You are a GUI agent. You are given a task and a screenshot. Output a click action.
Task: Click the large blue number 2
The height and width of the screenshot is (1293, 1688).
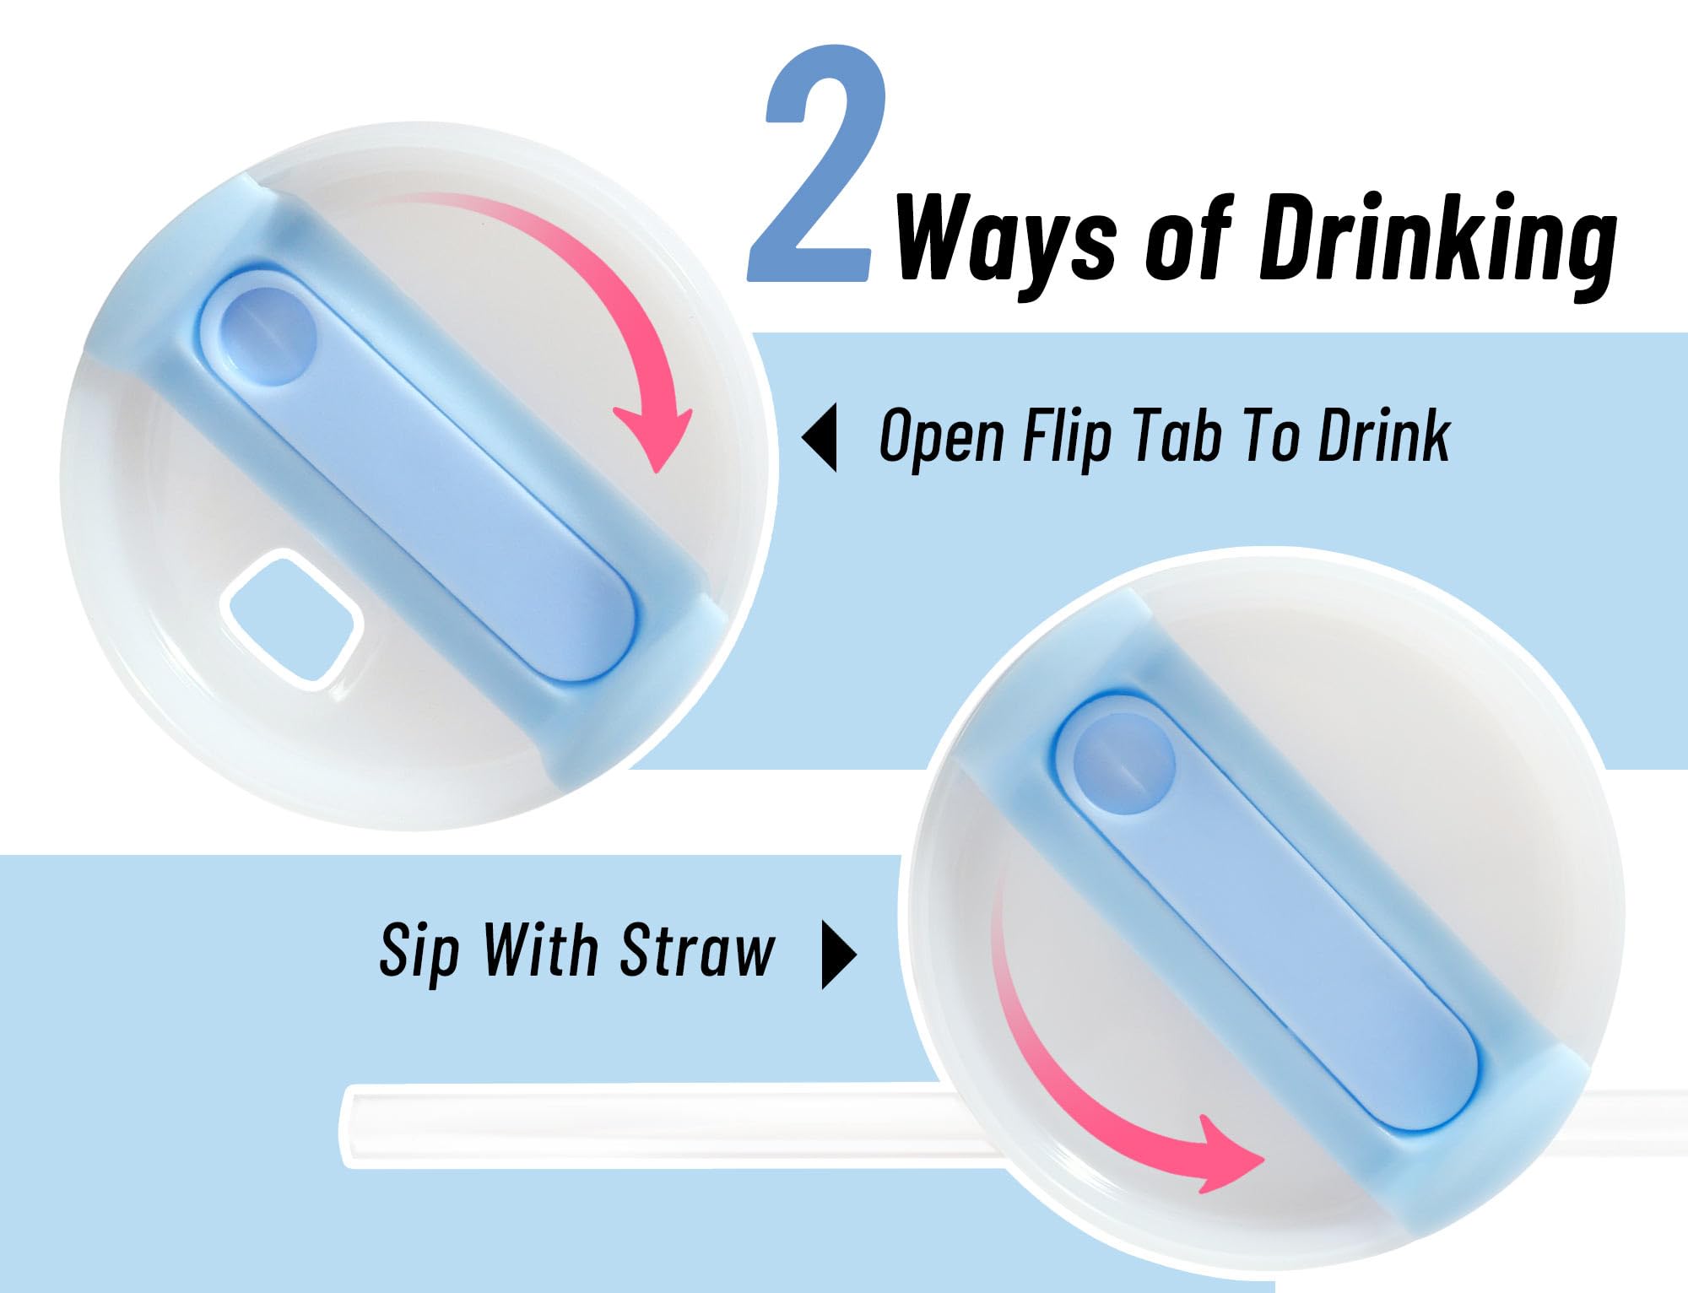[x=814, y=165]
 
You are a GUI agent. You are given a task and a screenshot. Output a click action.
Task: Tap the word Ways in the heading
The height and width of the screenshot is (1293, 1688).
[x=1005, y=241]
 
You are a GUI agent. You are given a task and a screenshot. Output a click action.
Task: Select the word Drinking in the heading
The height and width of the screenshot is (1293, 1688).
[x=1438, y=241]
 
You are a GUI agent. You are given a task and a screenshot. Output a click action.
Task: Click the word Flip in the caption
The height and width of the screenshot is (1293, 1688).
[x=1066, y=437]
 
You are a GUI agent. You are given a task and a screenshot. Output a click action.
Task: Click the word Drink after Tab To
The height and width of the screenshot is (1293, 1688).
[x=1384, y=435]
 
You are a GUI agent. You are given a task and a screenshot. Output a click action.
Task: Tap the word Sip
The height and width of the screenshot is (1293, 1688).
[x=419, y=953]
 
